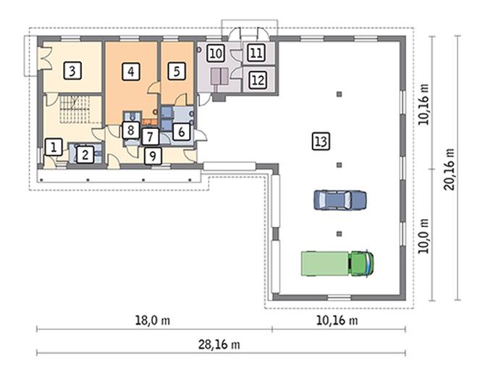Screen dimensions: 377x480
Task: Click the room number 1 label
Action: coord(52,146)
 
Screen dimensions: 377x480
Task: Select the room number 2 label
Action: coord(85,154)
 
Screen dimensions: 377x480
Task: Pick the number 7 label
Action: coord(149,136)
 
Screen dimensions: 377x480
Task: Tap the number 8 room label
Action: coord(130,130)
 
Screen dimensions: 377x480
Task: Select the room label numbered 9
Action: coord(152,154)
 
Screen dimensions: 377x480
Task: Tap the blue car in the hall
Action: coord(340,199)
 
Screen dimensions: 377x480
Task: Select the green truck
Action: coord(338,262)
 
